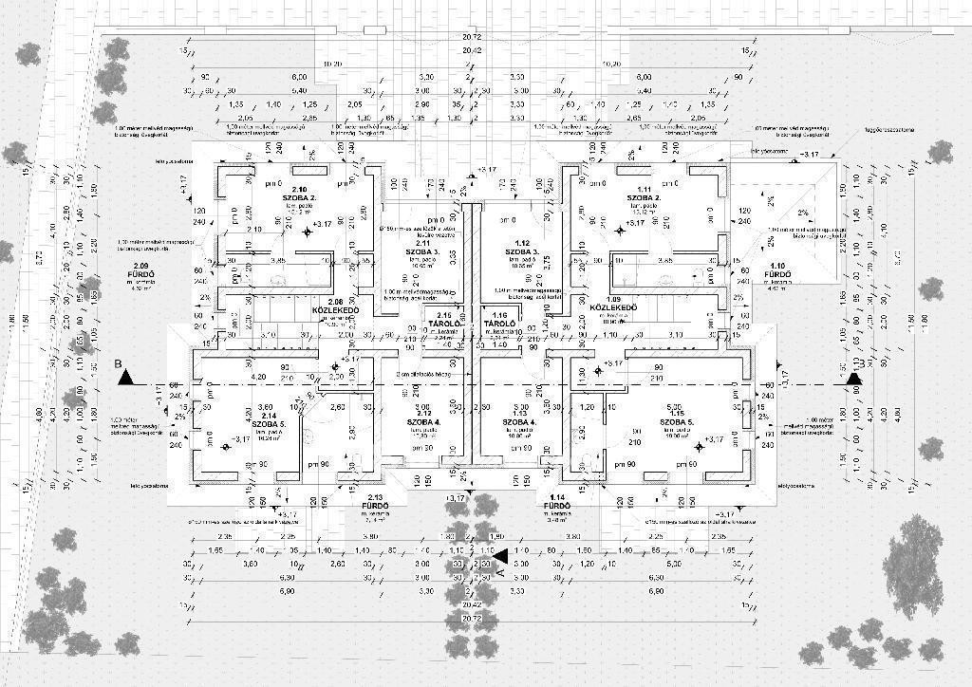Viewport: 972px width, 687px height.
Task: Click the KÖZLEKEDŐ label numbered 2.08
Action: (x=334, y=310)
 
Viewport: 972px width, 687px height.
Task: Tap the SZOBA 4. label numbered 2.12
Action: (x=423, y=421)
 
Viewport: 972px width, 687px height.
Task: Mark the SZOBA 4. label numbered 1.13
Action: (x=524, y=421)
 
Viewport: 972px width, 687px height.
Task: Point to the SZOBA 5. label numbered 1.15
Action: (x=676, y=421)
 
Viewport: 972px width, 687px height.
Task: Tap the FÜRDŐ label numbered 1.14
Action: (x=556, y=506)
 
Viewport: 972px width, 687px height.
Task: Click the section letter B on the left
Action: (x=118, y=362)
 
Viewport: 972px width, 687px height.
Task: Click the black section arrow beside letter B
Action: (x=125, y=378)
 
